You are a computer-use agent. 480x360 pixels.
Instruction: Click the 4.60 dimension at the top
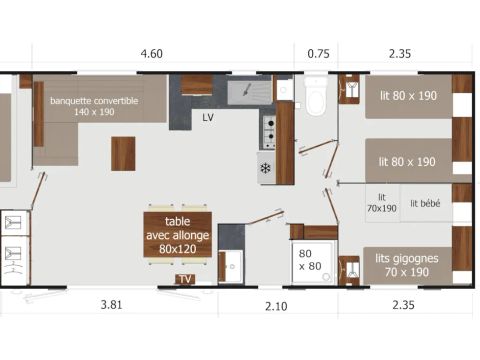[x=152, y=54]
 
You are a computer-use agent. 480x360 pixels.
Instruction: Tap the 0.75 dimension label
[x=318, y=54]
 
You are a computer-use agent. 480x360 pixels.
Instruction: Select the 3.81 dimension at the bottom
[x=111, y=305]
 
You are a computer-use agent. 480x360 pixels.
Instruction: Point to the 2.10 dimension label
[x=276, y=306]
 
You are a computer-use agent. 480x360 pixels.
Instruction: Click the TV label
[x=185, y=279]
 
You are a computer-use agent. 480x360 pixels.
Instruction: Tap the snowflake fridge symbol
[x=265, y=168]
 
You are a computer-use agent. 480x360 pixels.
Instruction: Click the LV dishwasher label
[x=208, y=117]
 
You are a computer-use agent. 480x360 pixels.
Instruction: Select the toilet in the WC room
[x=316, y=96]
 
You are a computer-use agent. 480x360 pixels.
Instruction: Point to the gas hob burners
[x=269, y=132]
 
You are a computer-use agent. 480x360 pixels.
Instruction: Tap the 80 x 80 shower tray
[x=312, y=263]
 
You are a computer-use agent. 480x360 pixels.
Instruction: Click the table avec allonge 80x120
[x=178, y=235]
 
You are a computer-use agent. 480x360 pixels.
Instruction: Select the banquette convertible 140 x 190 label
[x=94, y=106]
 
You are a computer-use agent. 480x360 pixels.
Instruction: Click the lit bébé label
[x=425, y=203]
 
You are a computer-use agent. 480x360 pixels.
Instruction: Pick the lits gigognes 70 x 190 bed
[x=407, y=266]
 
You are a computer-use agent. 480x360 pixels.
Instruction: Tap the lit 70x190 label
[x=382, y=203]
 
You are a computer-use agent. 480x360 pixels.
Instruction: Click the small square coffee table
[x=123, y=154]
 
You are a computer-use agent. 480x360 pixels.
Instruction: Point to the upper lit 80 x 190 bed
[x=409, y=96]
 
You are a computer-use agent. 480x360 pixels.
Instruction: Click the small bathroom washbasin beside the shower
[x=231, y=267]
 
